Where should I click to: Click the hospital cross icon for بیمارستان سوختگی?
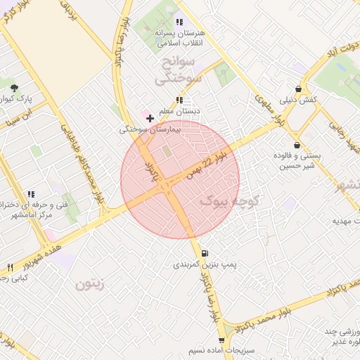coord(150,118)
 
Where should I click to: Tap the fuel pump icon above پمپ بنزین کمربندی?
coord(205,254)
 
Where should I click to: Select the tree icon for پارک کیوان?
coord(15,87)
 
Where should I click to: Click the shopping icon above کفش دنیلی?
coord(300,89)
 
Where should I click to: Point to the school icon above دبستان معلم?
coord(180,99)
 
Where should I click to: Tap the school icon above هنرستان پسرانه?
coord(179,22)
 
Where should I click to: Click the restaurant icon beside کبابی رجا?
coord(10,268)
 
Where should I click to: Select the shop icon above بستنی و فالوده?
coord(297,145)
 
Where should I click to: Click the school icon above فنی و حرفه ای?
coord(30,195)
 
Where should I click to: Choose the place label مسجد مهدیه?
coord(345,220)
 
